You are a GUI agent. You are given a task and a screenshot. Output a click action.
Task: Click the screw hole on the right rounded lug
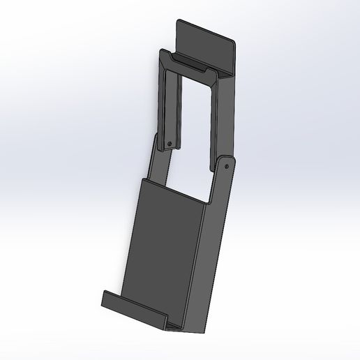pyautogui.click(x=226, y=167)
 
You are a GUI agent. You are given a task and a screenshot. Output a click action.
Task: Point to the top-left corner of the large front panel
pyautogui.click(x=142, y=180)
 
